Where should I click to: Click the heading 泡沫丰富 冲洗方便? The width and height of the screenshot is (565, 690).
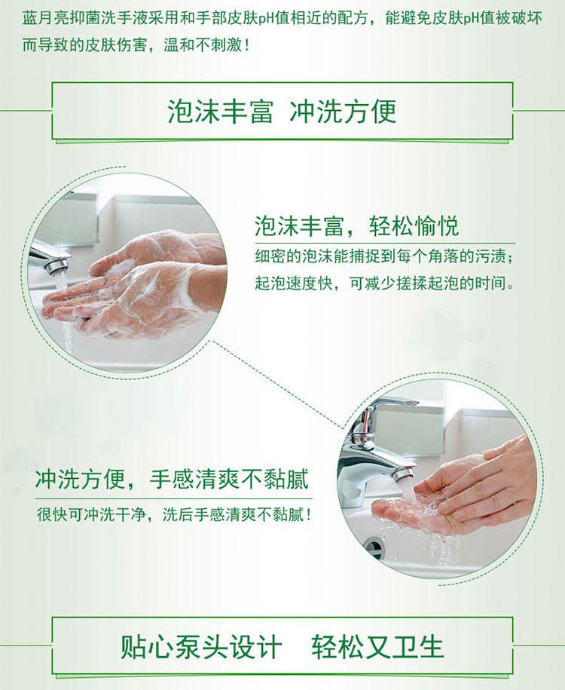click(x=282, y=112)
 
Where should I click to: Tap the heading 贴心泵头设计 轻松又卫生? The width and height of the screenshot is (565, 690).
click(x=282, y=647)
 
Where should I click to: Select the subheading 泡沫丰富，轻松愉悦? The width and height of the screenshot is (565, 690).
click(x=356, y=226)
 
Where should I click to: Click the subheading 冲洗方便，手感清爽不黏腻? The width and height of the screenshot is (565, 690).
click(x=172, y=479)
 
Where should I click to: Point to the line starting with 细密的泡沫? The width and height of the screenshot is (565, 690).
click(x=384, y=256)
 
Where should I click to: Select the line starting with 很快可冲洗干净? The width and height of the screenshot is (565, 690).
click(x=175, y=514)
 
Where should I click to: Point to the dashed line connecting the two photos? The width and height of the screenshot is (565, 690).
click(x=277, y=384)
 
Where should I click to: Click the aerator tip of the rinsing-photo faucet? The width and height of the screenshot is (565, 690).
click(x=404, y=474)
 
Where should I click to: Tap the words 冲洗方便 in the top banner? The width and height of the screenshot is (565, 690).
click(x=344, y=112)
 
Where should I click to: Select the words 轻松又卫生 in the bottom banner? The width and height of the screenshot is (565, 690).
click(x=378, y=647)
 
